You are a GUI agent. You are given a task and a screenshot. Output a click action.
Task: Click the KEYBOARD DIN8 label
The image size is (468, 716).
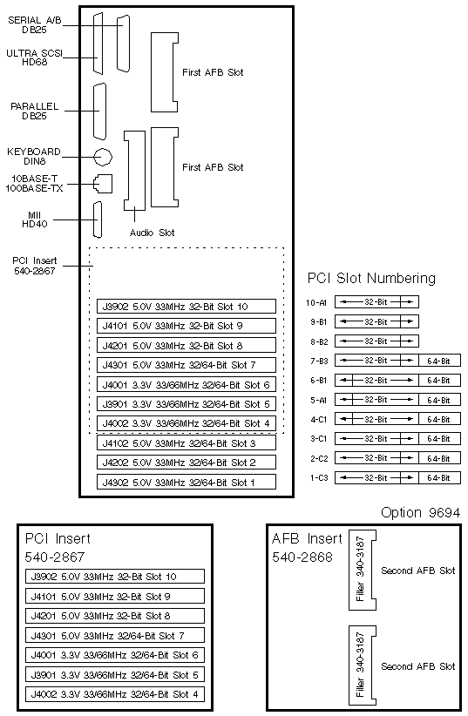(x=34, y=156)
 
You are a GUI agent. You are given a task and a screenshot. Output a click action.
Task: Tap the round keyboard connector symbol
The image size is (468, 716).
(x=103, y=157)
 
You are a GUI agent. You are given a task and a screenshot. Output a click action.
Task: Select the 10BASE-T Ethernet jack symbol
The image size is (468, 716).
(x=103, y=184)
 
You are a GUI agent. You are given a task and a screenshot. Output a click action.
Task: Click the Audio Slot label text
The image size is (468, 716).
(x=152, y=233)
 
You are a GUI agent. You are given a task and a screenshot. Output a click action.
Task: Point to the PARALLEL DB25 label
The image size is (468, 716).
(x=34, y=111)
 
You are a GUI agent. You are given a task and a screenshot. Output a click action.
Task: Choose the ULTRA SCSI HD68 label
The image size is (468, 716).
(x=34, y=57)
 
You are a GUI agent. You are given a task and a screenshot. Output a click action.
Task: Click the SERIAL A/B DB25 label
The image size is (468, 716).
(x=35, y=24)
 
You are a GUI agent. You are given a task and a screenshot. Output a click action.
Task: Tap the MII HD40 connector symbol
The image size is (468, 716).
(x=97, y=220)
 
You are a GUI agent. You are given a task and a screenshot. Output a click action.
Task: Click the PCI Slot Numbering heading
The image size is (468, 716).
(x=371, y=278)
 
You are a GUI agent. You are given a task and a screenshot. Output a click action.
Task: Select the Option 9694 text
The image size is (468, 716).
(x=420, y=512)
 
